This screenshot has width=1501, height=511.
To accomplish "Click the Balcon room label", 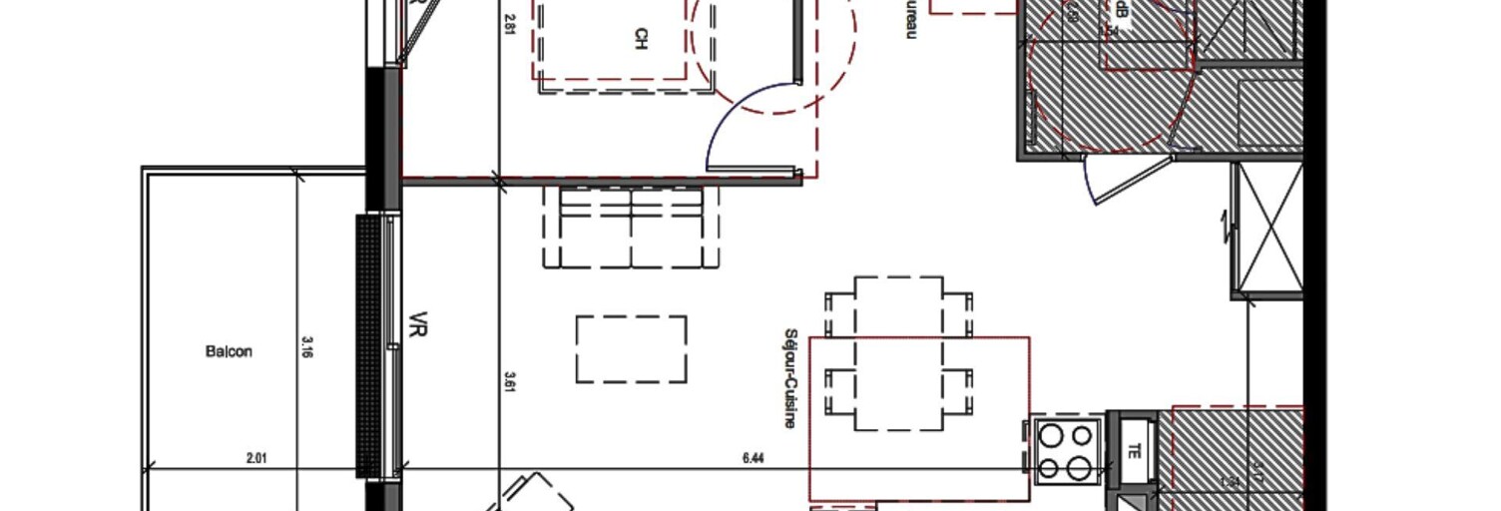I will tap(229, 351).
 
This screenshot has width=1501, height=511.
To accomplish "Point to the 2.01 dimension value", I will tap(257, 458).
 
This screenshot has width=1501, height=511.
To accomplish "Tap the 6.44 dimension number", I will tap(753, 458).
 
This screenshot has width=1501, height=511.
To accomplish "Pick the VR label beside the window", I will tap(417, 326).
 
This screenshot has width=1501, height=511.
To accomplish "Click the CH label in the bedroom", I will tap(640, 39).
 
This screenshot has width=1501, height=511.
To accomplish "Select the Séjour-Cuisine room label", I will tap(790, 378).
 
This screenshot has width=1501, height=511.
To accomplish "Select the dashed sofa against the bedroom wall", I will tap(631, 228).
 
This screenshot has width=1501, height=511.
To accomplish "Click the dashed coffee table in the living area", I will tap(631, 349).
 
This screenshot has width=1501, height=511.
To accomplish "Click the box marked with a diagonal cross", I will tap(1267, 229).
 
